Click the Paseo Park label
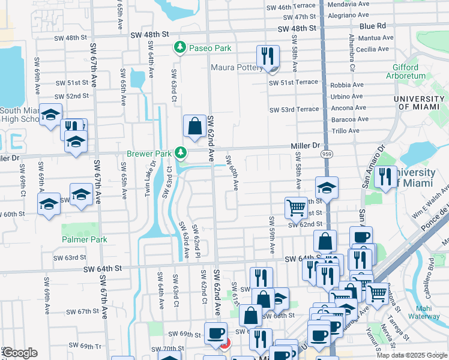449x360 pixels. (x=210, y=47)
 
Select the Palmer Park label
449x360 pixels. (x=84, y=239)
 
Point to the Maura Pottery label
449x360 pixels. (x=235, y=67)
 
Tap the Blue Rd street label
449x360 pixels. (x=373, y=26)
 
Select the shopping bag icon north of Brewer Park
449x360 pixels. (x=194, y=127)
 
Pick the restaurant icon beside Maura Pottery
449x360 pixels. (x=267, y=57)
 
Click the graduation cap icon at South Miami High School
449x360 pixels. (x=50, y=114)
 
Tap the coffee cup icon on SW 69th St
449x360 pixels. (x=215, y=333)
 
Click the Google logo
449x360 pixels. (x=20, y=353)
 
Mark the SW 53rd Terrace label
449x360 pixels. (x=294, y=110)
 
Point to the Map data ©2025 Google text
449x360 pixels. (x=411, y=355)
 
